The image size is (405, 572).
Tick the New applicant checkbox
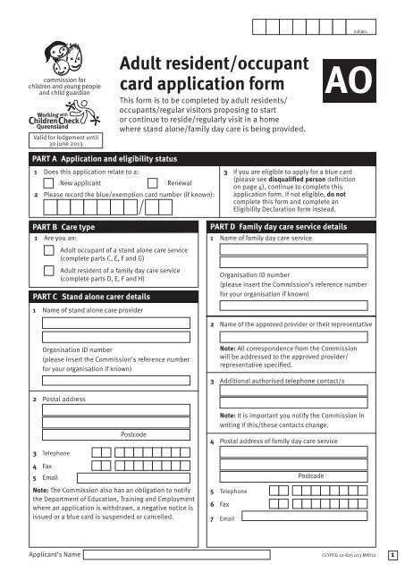click(50, 181)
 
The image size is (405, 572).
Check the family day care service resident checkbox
click(50, 273)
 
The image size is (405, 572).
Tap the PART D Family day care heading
click(277, 227)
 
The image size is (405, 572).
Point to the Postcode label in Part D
click(311, 476)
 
